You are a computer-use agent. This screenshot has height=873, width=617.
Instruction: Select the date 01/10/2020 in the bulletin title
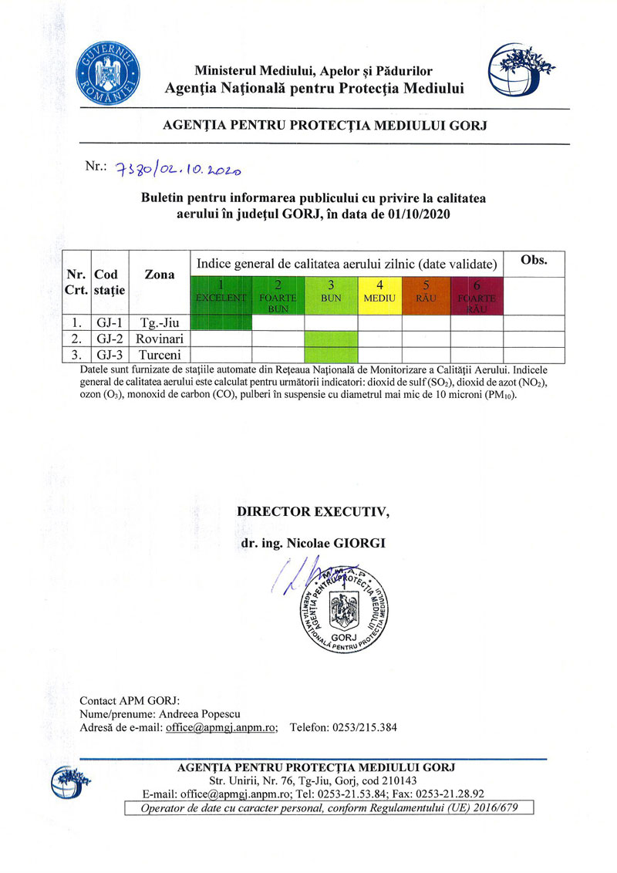coord(417,214)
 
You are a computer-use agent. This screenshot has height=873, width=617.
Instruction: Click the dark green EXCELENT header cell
coord(221,293)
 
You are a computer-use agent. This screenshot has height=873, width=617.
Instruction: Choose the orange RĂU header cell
coord(426,292)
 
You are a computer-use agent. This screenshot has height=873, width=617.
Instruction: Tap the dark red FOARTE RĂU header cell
coord(477,293)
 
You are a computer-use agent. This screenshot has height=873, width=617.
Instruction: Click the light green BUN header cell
coord(331,292)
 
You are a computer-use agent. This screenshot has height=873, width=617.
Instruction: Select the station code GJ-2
coord(109,339)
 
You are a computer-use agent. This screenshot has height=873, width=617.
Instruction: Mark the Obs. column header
coord(534,260)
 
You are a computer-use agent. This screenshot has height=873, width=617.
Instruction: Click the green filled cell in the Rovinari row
coord(331,339)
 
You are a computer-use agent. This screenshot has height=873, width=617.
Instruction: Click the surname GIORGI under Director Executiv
coord(359,543)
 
